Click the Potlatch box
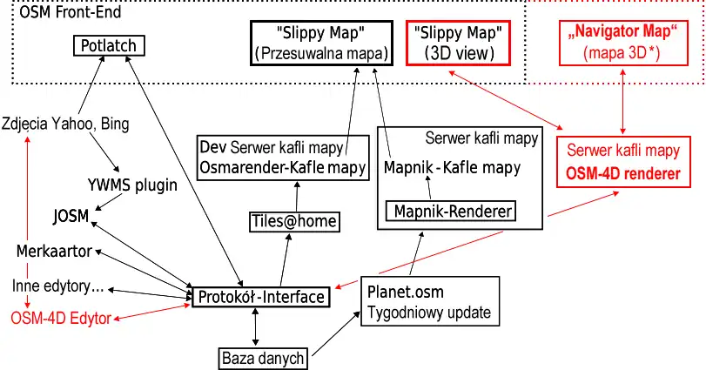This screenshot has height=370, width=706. (x=107, y=45)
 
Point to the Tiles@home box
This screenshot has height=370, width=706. (x=293, y=221)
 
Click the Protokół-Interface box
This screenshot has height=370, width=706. (x=262, y=297)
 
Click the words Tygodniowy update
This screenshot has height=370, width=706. (x=429, y=313)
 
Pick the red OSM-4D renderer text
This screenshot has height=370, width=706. (x=622, y=173)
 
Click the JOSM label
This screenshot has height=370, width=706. (x=71, y=215)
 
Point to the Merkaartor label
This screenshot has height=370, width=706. (x=54, y=252)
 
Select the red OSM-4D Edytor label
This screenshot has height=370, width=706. (x=61, y=319)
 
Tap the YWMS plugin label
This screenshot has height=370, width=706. (x=132, y=185)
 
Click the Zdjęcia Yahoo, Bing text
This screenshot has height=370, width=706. (x=65, y=124)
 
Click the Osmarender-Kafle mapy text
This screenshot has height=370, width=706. (x=283, y=167)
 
